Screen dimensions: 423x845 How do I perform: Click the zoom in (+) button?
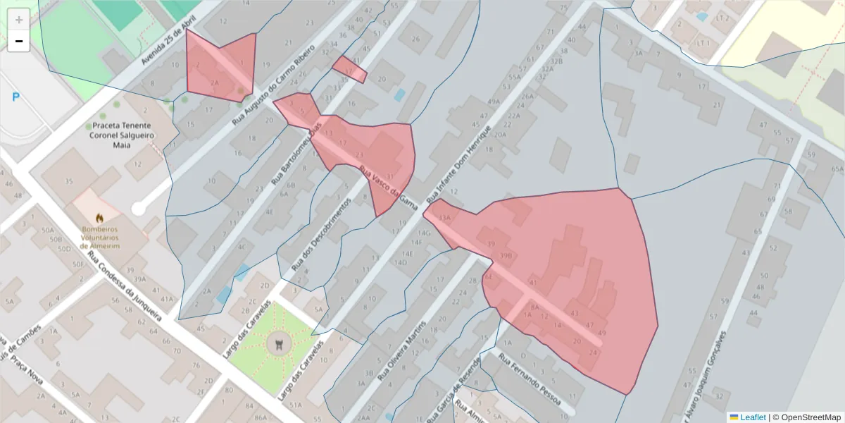tap(19, 19)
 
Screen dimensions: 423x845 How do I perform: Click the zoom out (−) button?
tap(19, 41)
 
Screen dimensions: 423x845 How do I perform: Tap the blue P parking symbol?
tap(15, 97)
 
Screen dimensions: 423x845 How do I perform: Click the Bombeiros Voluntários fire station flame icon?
tap(99, 219)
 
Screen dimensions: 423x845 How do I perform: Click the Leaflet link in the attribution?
tap(753, 417)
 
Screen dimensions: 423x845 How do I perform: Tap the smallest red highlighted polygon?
tap(349, 69)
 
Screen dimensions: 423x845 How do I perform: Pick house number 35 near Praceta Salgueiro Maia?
tap(68, 182)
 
